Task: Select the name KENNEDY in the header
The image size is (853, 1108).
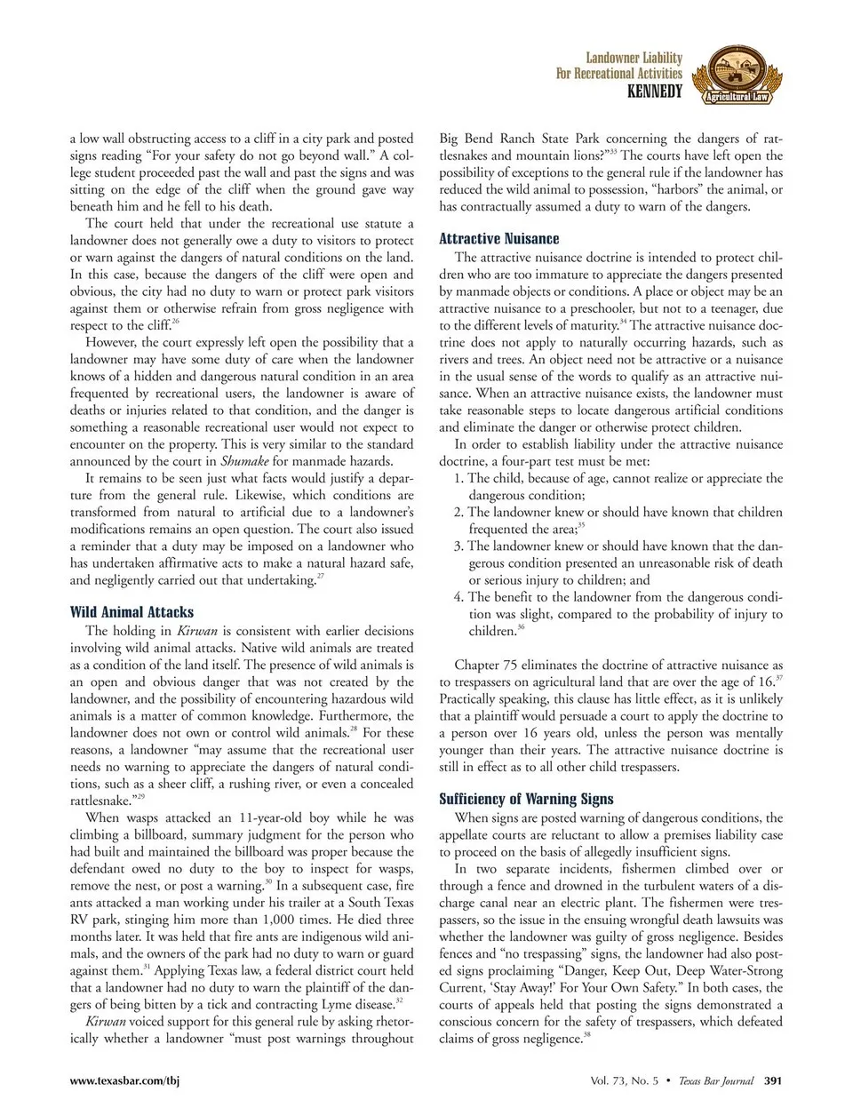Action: (655, 91)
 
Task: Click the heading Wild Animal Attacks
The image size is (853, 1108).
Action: (132, 612)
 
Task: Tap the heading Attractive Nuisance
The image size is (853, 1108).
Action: (498, 238)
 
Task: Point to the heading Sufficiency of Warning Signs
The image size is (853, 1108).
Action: (526, 799)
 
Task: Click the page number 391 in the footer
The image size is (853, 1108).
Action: (772, 1081)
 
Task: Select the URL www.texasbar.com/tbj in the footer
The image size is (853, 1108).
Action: (124, 1081)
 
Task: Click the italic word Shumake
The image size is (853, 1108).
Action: (244, 461)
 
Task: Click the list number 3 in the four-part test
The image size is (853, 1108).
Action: (458, 546)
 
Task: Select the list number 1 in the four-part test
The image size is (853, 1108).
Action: (458, 478)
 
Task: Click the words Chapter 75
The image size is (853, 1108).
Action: (485, 665)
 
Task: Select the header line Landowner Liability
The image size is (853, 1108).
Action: (634, 58)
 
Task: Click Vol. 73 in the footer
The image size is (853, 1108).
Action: (610, 1081)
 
